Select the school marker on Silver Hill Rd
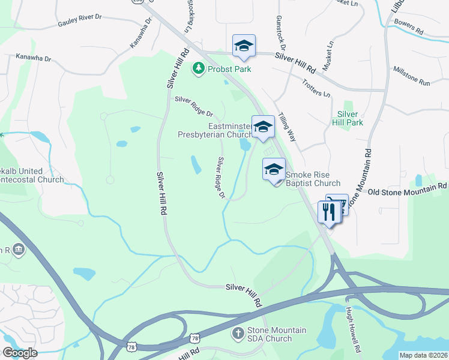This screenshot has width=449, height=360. click(x=244, y=46)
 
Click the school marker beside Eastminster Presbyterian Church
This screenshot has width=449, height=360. click(x=263, y=127)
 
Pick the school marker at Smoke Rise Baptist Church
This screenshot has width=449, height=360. click(x=274, y=169)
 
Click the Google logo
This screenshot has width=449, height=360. click(x=20, y=353)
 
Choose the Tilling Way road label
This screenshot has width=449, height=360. click(x=287, y=128)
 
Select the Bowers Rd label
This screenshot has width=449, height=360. click(x=409, y=28)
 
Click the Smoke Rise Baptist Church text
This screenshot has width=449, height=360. click(x=313, y=179)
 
